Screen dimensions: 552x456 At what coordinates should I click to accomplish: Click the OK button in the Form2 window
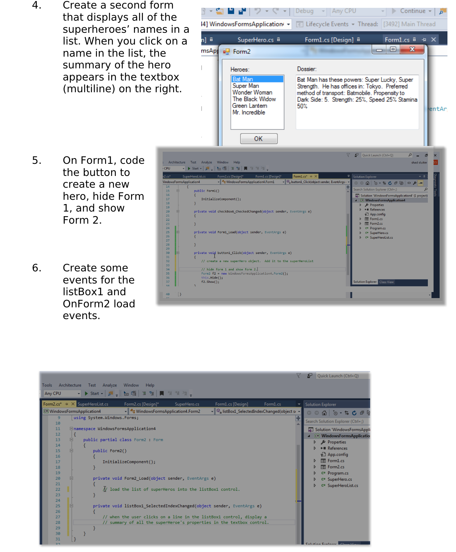click(259, 139)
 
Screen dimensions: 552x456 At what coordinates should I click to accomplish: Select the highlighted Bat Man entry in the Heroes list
click(243, 79)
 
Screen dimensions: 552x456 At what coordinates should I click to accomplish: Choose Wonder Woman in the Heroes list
click(252, 92)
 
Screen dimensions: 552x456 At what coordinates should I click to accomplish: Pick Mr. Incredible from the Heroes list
click(249, 112)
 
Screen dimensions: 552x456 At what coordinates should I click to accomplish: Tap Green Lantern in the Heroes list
click(249, 106)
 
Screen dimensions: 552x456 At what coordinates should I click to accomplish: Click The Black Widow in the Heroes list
click(254, 99)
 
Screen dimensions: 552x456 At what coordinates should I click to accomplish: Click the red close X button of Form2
click(412, 50)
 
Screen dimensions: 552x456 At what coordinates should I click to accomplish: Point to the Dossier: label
click(307, 69)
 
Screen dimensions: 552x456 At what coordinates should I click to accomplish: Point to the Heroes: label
click(240, 69)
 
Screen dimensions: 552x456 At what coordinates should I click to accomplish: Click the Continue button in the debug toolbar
click(412, 11)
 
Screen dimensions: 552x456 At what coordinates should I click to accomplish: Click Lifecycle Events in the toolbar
click(327, 24)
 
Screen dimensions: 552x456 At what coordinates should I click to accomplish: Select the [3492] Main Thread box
click(409, 24)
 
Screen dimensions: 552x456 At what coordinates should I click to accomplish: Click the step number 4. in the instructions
click(37, 5)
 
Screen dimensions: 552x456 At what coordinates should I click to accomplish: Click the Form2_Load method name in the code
click(136, 478)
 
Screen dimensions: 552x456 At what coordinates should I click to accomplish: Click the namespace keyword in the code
click(84, 429)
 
